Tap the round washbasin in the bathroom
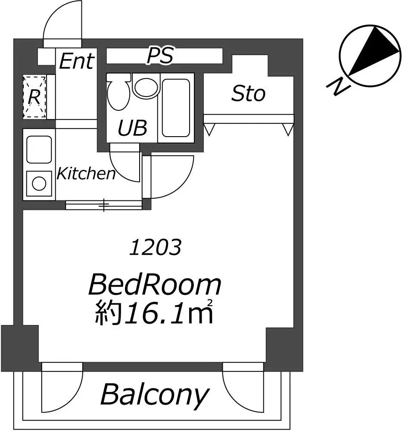point(146,87)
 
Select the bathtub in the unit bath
point(176,108)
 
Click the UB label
point(132,128)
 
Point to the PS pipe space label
point(160,56)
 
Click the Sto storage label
point(249,94)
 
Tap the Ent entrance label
point(77,61)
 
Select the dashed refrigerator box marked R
point(34,97)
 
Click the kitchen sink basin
point(39,150)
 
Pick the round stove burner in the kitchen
point(39,183)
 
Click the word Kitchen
point(86,174)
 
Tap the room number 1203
point(155,247)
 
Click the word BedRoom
point(155,285)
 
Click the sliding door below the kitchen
point(104,205)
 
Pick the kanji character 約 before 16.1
point(108,313)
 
